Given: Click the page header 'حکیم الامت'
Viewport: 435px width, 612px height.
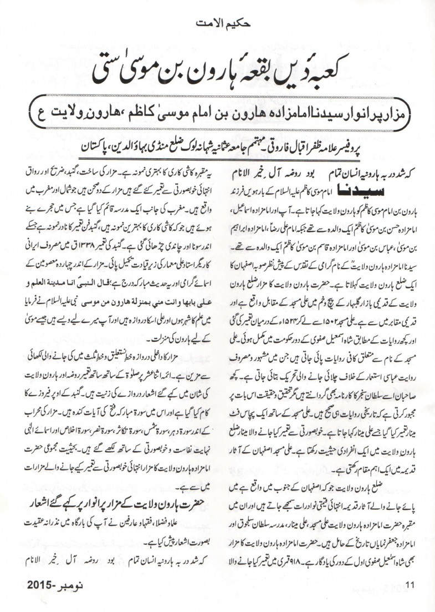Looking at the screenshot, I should click(x=217, y=24).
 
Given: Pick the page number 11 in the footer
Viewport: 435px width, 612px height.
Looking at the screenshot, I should click(x=410, y=598).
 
